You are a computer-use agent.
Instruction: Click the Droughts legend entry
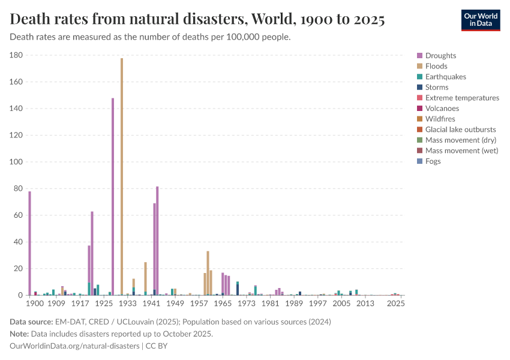click(440, 56)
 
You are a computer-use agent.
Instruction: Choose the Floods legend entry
click(436, 66)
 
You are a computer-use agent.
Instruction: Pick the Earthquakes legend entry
click(445, 77)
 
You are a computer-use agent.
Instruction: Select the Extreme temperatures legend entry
click(462, 98)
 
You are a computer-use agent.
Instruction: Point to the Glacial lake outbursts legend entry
click(460, 130)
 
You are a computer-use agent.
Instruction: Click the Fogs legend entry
click(433, 161)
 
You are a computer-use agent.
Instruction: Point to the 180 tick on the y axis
click(17, 55)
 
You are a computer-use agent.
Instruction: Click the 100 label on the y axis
click(17, 162)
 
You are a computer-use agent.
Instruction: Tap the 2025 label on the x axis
click(395, 304)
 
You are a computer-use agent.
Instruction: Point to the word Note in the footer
click(20, 334)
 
